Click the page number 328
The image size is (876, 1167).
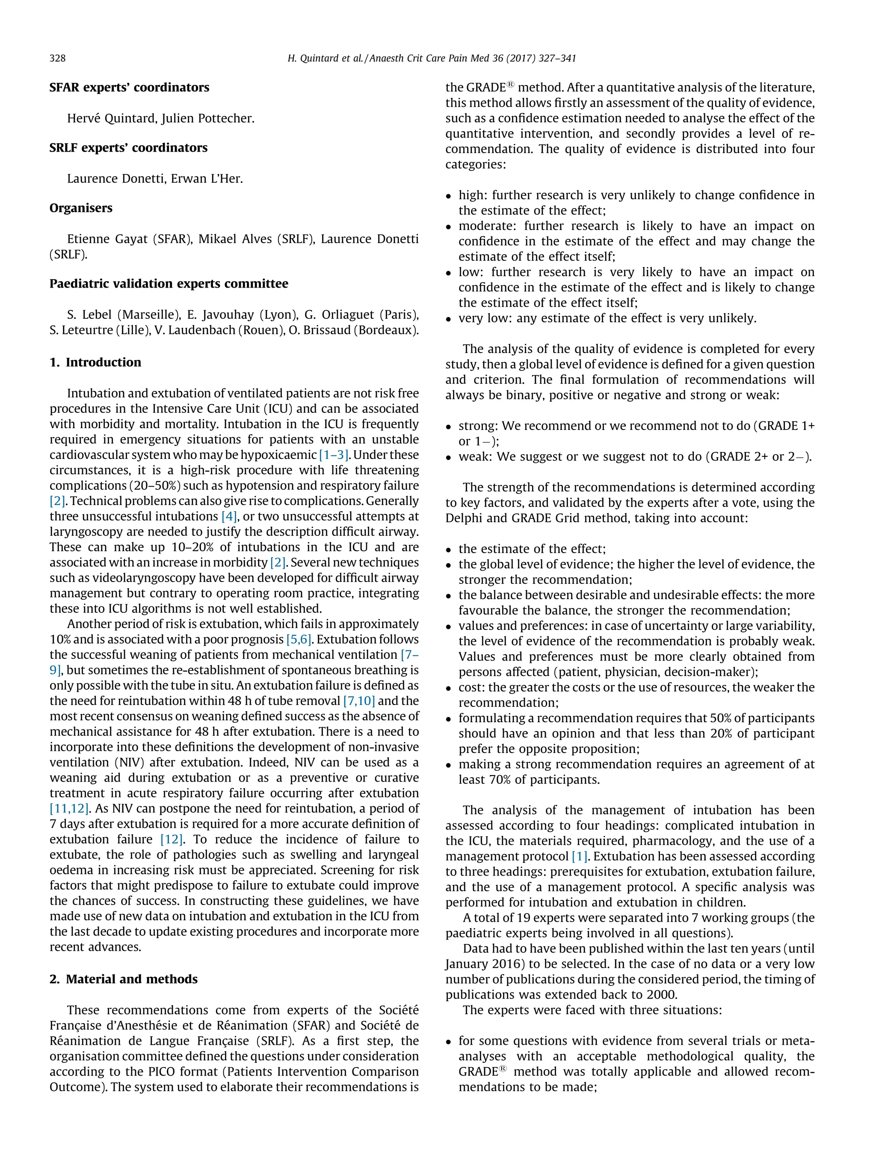coord(58,58)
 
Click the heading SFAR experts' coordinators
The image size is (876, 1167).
coord(129,88)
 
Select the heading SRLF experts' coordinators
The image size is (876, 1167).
coord(128,148)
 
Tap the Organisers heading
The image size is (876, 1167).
coord(81,208)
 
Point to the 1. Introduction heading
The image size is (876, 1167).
coord(95,362)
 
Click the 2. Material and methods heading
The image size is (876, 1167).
coord(123,979)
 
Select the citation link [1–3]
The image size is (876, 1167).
coord(333,455)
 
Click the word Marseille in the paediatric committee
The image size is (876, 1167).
coord(149,315)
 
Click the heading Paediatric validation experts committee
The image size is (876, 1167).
coord(169,284)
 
